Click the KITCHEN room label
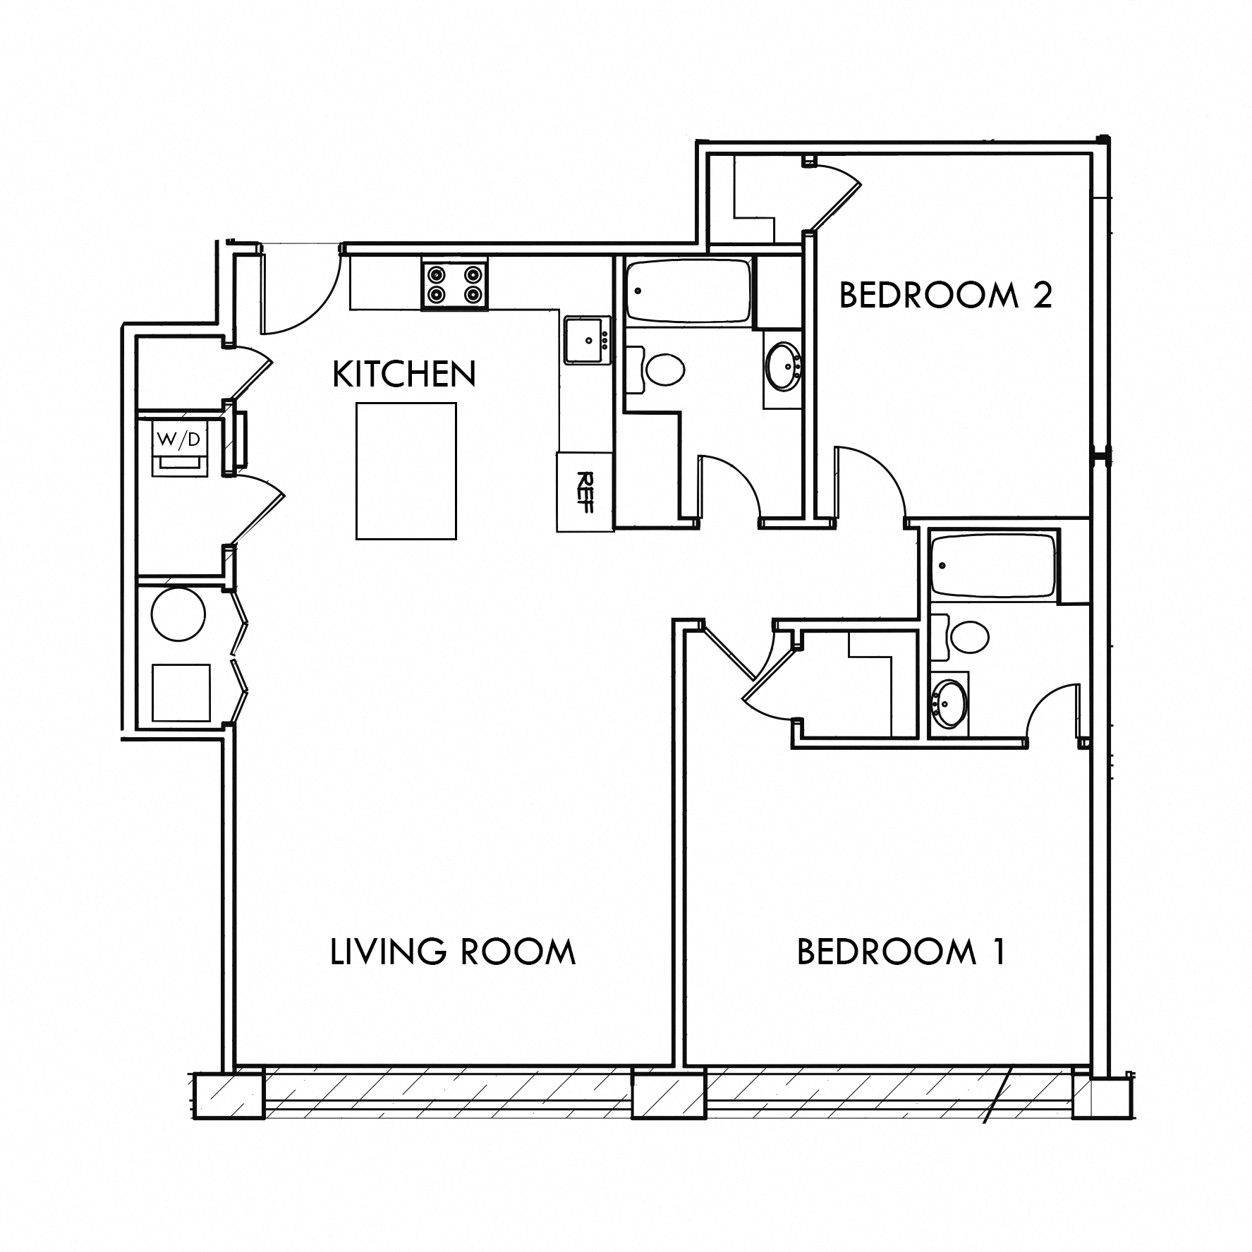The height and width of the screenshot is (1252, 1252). tap(404, 375)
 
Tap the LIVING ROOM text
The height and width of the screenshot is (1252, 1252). tap(453, 952)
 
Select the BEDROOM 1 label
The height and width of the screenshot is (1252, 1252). tap(901, 952)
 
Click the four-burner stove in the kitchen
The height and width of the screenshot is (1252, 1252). tap(455, 284)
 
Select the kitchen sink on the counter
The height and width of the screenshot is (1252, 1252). tap(586, 341)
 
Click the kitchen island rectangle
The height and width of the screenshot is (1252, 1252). tap(406, 471)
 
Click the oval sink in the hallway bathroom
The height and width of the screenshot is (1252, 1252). tap(783, 367)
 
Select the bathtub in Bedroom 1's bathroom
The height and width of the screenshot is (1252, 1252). tap(992, 566)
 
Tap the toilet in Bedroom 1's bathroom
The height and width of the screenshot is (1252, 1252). tap(968, 637)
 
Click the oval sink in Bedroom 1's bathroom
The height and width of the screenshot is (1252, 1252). tap(949, 703)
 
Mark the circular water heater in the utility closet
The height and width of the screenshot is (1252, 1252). tap(179, 614)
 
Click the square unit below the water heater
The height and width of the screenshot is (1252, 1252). tap(181, 693)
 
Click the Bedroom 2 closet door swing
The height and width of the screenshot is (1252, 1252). tap(836, 194)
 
